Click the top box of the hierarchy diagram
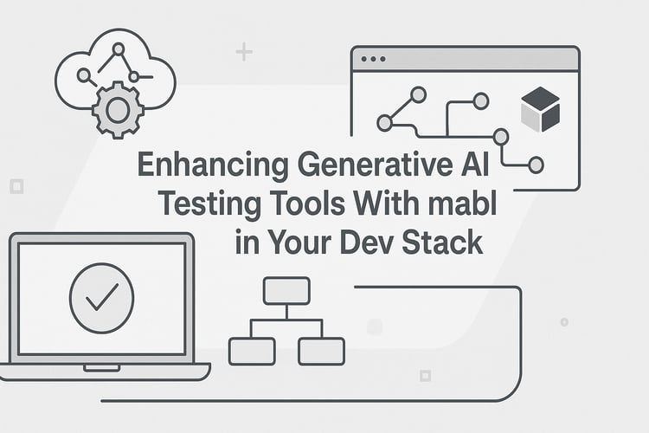pyautogui.click(x=286, y=290)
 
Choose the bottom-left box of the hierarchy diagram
pyautogui.click(x=252, y=350)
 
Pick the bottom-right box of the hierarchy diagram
pyautogui.click(x=321, y=350)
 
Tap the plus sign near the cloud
pyautogui.click(x=244, y=53)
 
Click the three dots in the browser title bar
pyautogui.click(x=373, y=59)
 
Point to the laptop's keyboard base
pyautogui.click(x=104, y=371)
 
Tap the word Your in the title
pyautogui.click(x=297, y=241)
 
